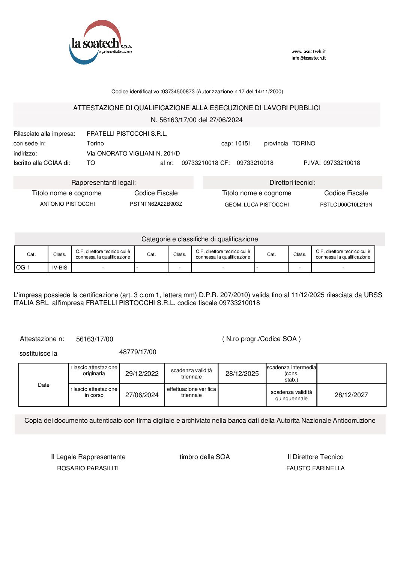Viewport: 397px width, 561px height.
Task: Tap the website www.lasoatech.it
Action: point(308,52)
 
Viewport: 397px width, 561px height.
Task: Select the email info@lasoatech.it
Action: point(308,58)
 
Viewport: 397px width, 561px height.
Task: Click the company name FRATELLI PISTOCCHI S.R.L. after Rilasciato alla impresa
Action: point(127,134)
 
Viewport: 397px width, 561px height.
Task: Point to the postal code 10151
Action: point(243,144)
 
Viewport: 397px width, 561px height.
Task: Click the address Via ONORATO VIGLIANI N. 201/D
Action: point(133,153)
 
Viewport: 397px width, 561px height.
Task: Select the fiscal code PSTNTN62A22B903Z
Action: point(156,204)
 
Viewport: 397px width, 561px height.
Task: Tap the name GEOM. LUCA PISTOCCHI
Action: point(257,205)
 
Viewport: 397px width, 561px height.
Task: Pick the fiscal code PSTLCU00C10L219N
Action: point(346,205)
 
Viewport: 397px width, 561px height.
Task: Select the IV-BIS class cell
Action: point(60,268)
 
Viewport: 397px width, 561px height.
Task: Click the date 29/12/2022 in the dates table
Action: point(142,374)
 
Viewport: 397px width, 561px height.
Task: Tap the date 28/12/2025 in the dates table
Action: point(242,374)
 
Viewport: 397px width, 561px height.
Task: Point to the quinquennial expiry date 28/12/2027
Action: point(351,395)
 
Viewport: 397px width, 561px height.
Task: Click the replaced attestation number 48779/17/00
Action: point(138,352)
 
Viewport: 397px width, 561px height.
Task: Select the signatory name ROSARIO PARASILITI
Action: point(88,468)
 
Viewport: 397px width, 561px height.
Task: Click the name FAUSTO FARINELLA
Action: point(315,468)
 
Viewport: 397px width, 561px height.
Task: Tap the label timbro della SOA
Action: point(205,457)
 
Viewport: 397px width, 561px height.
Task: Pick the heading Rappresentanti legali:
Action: point(104,183)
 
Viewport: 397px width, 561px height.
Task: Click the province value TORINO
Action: point(304,144)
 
